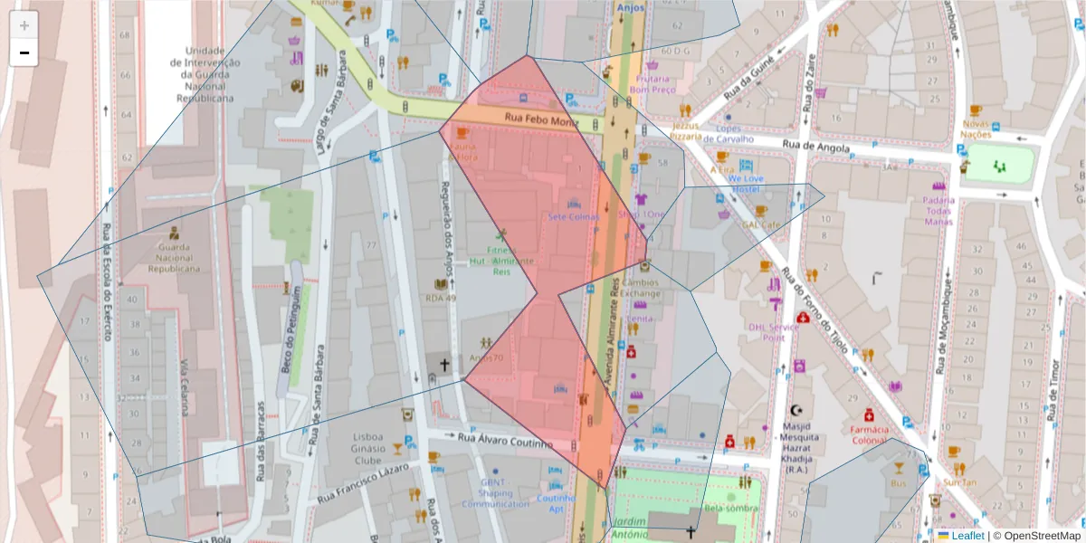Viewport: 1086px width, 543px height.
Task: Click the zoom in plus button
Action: [x=24, y=25]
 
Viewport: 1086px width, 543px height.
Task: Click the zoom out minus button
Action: [x=24, y=52]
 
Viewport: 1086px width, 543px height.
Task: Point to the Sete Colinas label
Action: [x=572, y=216]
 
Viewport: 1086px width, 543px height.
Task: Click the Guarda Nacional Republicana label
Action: [x=173, y=257]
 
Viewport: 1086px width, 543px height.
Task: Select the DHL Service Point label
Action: [x=773, y=332]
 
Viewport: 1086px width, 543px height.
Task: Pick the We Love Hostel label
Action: [x=745, y=184]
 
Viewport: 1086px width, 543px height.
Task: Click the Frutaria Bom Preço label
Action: [x=653, y=84]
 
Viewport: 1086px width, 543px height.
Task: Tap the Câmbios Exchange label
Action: [x=640, y=288]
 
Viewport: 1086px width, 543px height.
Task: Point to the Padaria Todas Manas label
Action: [x=938, y=209]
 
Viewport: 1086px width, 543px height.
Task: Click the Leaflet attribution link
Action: [x=967, y=536]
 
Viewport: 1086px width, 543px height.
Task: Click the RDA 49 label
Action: [x=441, y=298]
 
